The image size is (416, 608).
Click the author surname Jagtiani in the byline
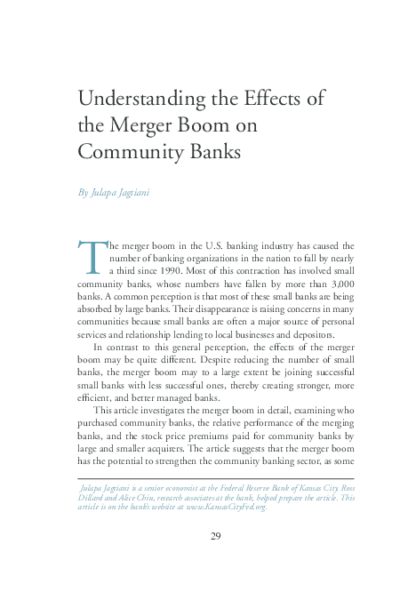[x=129, y=192]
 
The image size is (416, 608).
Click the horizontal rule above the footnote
[x=216, y=478]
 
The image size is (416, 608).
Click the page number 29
[x=216, y=536]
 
